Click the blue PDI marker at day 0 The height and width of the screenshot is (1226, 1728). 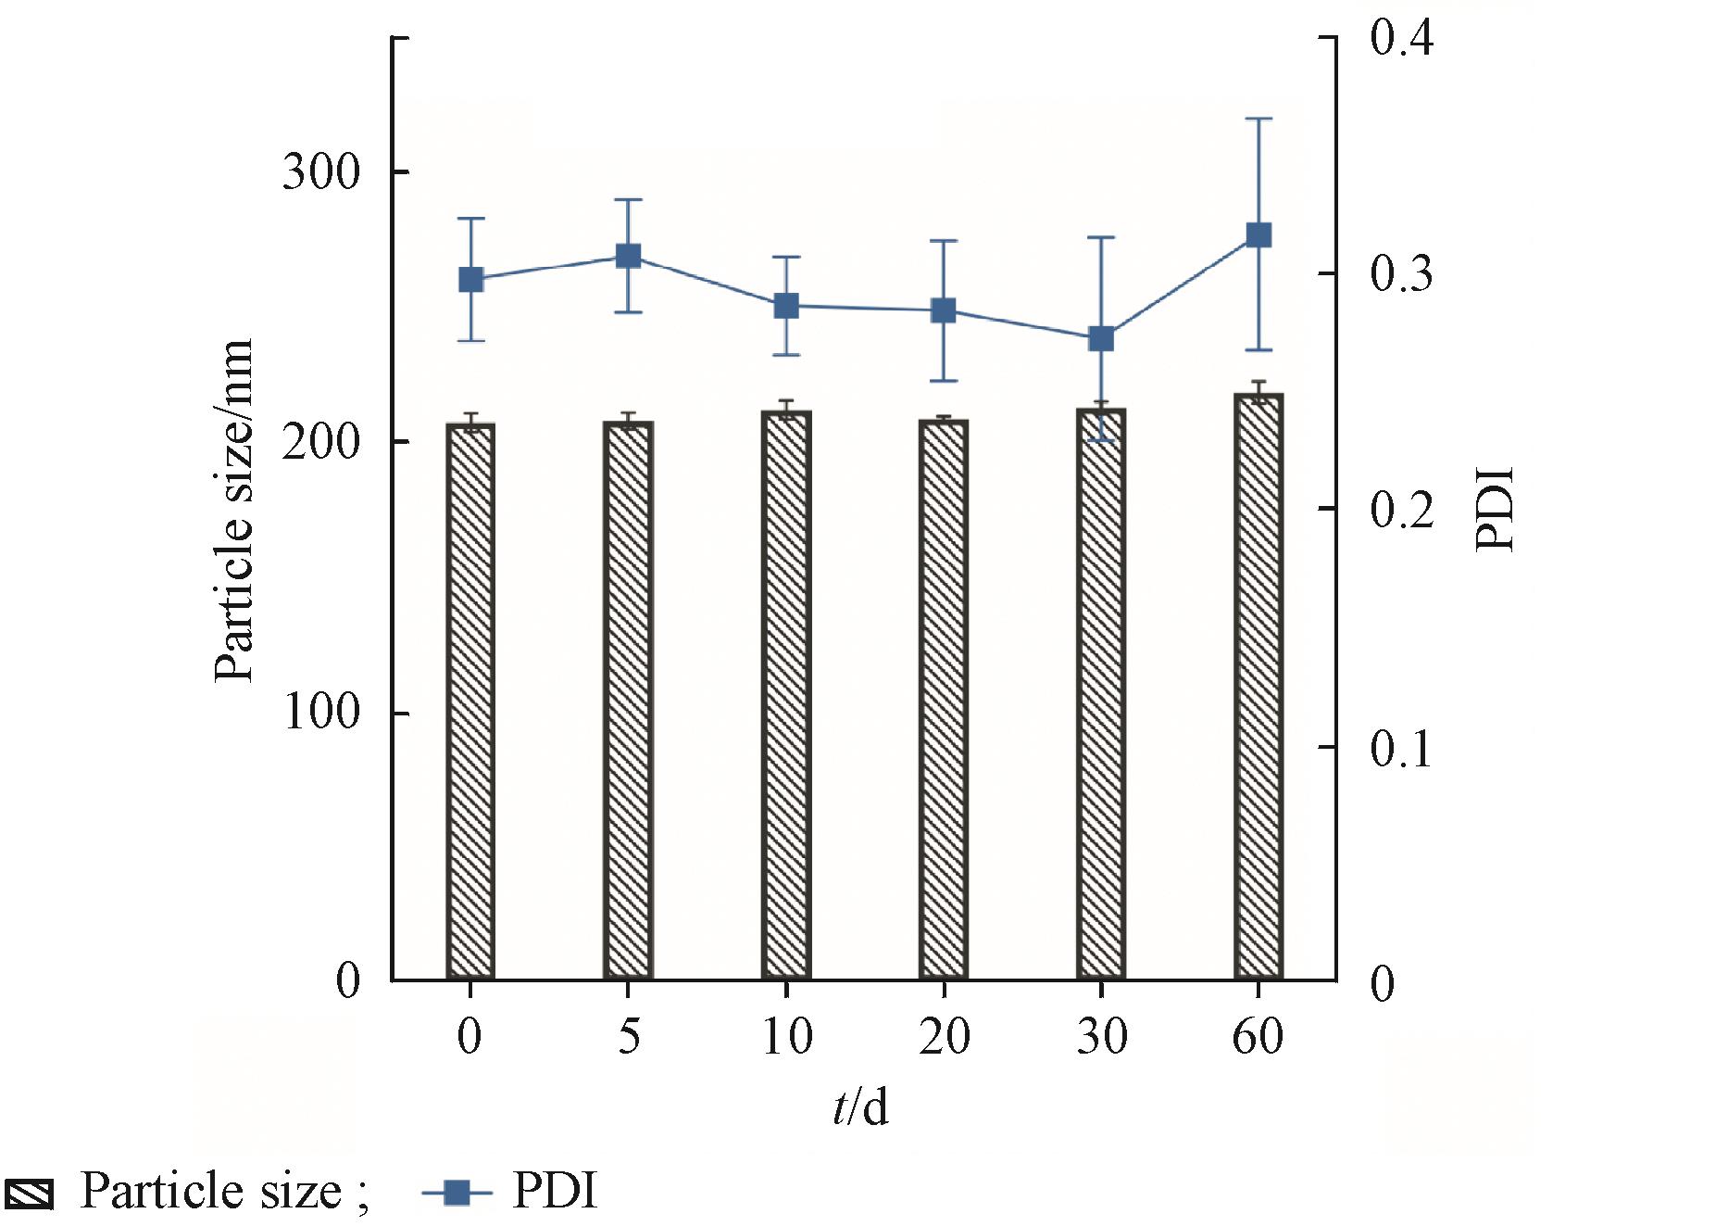471,279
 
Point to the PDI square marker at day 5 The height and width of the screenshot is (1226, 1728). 629,256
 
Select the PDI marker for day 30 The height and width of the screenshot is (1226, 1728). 1101,338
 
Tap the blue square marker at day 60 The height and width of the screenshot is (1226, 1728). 1258,234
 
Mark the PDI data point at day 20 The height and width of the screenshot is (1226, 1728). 944,310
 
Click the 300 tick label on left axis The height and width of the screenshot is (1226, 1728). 320,172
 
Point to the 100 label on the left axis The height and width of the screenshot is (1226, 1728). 320,713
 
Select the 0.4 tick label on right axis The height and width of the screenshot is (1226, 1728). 1401,39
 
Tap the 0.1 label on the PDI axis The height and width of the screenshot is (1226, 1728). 1400,749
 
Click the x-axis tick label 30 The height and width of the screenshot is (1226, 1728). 1101,1036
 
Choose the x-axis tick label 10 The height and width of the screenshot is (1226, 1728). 786,1036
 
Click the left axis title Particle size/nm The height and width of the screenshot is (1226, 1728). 233,511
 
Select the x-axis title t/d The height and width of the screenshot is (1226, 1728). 860,1106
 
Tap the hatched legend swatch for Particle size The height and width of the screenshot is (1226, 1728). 29,1194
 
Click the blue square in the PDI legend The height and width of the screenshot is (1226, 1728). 457,1193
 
